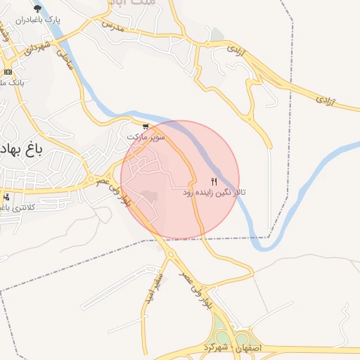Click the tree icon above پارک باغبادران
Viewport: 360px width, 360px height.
[x=37, y=8]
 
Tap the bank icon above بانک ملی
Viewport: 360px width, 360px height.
[x=8, y=72]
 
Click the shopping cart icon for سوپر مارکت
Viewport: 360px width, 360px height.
[x=146, y=127]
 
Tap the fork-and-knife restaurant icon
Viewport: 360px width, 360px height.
[x=214, y=181]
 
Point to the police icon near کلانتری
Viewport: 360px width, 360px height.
[x=6, y=197]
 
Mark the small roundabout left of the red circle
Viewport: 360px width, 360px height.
[x=90, y=181]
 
